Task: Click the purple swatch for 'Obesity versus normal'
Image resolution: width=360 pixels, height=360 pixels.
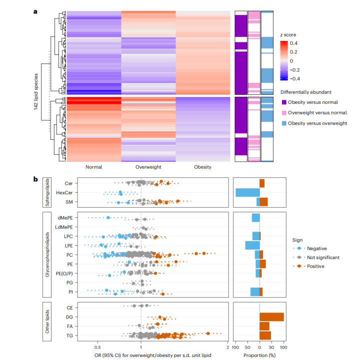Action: tap(284, 102)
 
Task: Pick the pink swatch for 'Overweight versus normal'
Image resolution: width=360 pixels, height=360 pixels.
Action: tap(284, 113)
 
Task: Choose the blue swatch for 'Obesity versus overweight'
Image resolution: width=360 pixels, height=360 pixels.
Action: tap(284, 123)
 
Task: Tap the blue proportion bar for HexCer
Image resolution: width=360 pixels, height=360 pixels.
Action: tap(247, 193)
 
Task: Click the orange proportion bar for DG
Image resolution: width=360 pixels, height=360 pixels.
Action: tap(271, 317)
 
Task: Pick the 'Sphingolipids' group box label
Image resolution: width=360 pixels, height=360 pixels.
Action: tap(46, 193)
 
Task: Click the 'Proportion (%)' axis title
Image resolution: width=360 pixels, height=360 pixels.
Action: tap(259, 355)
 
